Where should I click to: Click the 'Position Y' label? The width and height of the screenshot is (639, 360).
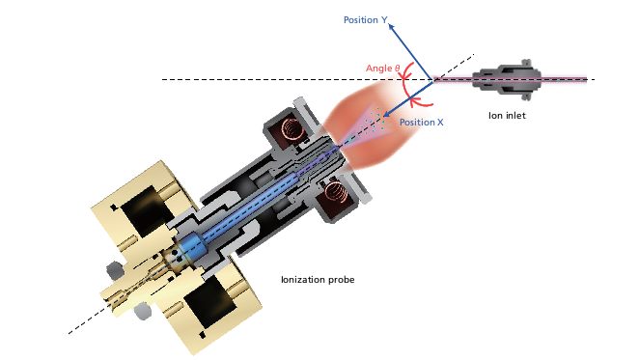[365, 20]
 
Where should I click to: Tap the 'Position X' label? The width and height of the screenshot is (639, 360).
[422, 123]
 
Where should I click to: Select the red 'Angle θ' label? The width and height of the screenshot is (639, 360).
[382, 69]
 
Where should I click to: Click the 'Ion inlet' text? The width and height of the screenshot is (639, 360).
[507, 116]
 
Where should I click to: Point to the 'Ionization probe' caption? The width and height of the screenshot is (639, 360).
[318, 280]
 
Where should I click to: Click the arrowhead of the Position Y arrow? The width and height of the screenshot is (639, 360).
[391, 27]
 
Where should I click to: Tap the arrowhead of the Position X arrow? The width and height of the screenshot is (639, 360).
[386, 114]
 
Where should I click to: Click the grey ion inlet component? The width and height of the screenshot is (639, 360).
[507, 79]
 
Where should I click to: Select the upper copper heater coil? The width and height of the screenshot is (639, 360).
[292, 127]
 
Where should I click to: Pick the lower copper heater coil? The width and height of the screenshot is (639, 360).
[335, 191]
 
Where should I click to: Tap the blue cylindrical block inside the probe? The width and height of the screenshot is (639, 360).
[188, 247]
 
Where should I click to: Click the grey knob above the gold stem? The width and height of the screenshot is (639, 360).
[115, 270]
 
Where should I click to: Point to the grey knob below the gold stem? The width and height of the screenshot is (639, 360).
[143, 311]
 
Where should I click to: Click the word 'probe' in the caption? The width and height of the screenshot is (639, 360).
[342, 280]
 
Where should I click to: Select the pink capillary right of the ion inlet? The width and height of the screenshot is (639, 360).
[564, 79]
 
